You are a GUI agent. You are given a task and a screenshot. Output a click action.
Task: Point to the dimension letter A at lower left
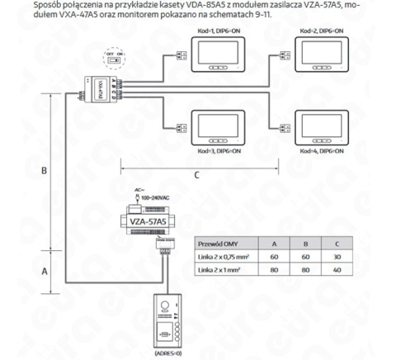point(45,270)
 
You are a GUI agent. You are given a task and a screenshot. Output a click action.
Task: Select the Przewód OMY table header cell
point(219,244)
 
